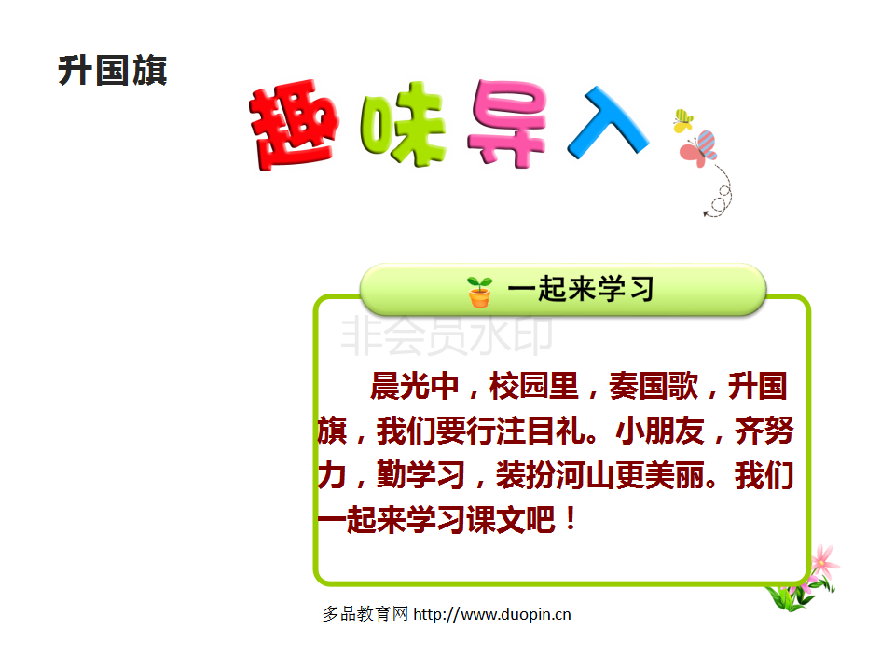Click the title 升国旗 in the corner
pos(113,71)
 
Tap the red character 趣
pos(294,124)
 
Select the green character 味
pos(403,124)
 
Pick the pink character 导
pos(507,123)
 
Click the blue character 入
pos(607,122)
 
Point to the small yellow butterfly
pos(682,120)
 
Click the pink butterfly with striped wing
pos(698,148)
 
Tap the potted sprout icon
pos(479,292)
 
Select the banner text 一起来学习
pos(581,289)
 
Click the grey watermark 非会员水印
pos(447,335)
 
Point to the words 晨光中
pos(414,386)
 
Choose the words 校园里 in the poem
pos(533,386)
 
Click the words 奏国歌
pos(653,386)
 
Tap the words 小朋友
pos(660,431)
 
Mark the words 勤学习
pos(420,474)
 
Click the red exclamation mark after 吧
pos(571,519)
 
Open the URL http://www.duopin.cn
pos(492,614)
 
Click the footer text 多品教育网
pos(365,614)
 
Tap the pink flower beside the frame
pos(823,562)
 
